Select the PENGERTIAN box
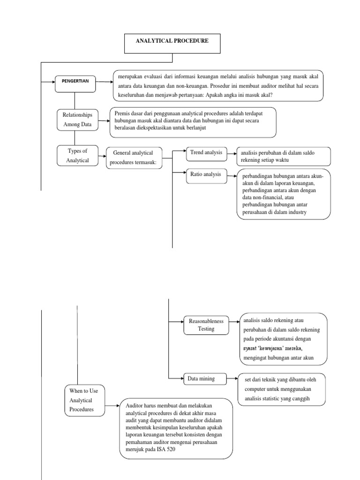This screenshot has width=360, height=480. coord(74,81)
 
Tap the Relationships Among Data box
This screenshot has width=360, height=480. coord(75,120)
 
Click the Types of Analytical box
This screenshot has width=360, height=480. coord(75,156)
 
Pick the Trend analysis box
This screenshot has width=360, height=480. coord(206,153)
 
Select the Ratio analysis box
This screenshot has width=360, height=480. coord(206,175)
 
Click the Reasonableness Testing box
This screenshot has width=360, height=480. coord(206,325)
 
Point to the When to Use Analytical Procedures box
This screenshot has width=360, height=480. coord(84,400)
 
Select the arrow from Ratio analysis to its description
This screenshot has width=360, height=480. coord(232,175)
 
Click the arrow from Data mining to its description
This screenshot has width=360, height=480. coord(232,378)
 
